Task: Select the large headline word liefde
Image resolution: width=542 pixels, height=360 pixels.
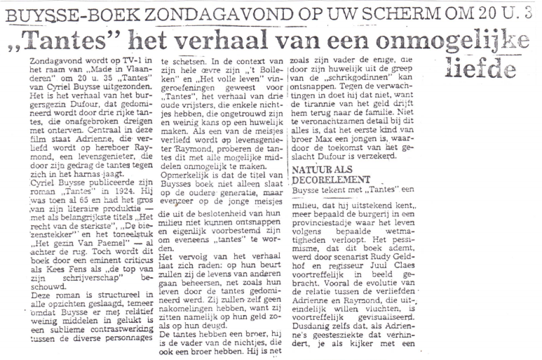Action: click(482, 67)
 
